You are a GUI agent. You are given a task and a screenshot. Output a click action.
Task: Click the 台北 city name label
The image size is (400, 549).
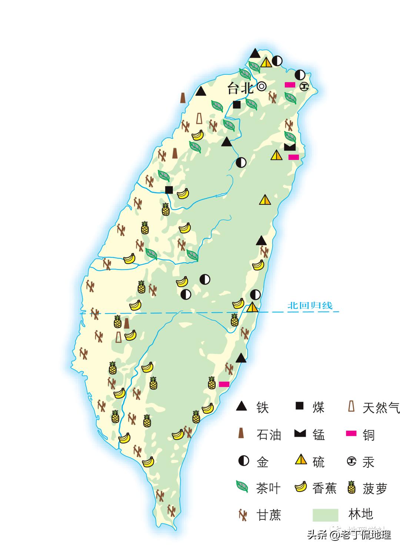tap(240, 88)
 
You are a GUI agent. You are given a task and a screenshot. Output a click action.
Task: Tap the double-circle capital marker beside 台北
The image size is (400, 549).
tap(262, 86)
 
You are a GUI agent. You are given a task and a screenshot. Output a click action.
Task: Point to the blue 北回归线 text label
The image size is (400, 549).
tap(310, 305)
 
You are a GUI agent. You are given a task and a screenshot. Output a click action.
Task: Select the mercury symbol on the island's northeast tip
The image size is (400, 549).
tap(304, 87)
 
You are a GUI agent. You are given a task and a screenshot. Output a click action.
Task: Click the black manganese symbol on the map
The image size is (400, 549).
tap(290, 147)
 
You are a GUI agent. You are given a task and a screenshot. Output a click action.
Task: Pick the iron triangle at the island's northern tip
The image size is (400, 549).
tap(254, 54)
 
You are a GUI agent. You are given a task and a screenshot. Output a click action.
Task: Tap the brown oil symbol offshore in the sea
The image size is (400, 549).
tap(183, 98)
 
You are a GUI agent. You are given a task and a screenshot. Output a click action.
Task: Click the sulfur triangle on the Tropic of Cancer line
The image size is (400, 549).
tap(252, 307)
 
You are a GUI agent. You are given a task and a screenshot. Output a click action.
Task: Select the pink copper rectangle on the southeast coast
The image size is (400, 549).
tap(224, 384)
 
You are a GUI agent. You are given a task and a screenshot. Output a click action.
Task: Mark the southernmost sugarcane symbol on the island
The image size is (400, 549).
tap(171, 510)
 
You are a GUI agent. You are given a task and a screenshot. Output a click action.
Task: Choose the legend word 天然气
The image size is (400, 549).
tap(381, 408)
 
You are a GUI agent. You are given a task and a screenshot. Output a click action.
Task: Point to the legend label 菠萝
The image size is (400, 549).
tap(374, 489)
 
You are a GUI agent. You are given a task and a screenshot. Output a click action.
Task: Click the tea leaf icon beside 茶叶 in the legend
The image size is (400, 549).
tap(242, 487)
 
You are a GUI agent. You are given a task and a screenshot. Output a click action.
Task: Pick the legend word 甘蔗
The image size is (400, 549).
tap(269, 515)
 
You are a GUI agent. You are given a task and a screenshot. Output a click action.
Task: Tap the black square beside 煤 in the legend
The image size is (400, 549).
tap(299, 406)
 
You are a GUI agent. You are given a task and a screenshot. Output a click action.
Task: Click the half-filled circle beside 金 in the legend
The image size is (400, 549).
tap(243, 461)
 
